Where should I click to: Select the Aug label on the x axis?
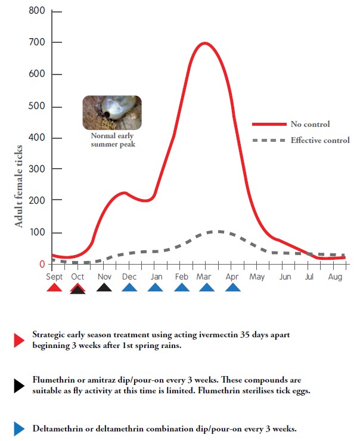335,277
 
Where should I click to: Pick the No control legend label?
310,125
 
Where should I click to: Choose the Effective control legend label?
320,141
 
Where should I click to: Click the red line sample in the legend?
268,125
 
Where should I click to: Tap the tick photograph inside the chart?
111,113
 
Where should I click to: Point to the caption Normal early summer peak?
111,140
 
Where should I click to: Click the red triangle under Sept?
54,288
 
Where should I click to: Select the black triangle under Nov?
104,288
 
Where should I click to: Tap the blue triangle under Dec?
129,288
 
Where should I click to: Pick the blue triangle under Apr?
233,288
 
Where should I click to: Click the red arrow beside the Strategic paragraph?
18,340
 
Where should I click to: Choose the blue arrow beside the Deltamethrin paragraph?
18,428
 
